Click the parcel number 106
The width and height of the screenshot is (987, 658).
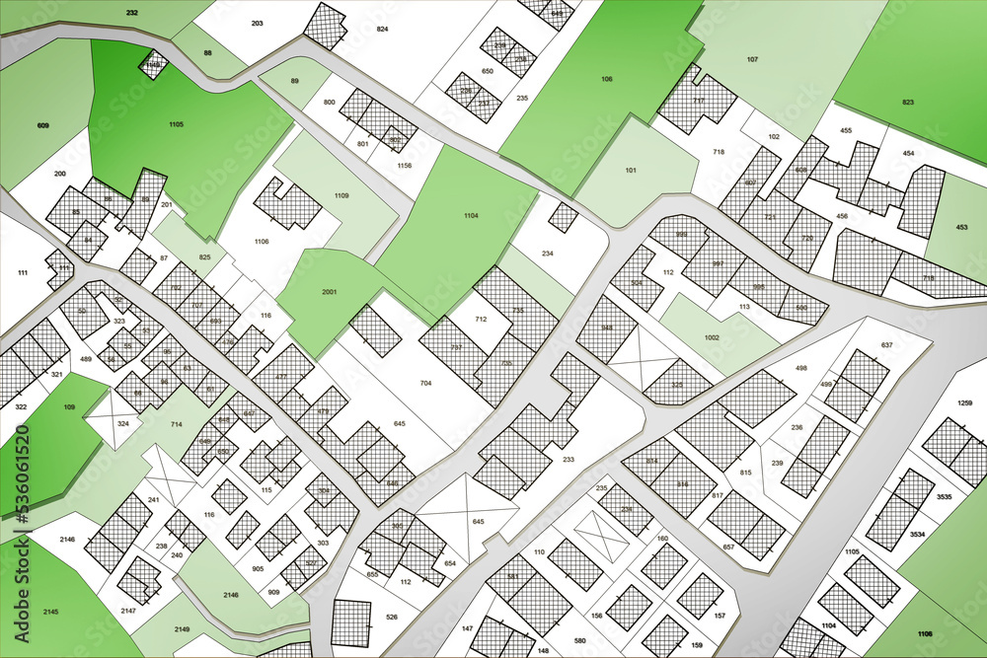606,79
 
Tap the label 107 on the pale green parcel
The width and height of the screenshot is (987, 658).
752,60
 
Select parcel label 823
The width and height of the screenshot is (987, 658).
907,102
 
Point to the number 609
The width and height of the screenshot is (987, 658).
43,125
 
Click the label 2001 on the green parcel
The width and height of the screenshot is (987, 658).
329,292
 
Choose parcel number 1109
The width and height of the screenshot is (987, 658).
341,196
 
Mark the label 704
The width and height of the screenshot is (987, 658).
425,383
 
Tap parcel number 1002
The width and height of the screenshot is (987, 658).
712,337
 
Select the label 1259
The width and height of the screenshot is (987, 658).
965,402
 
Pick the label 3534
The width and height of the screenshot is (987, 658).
917,534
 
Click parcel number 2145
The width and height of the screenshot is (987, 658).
50,612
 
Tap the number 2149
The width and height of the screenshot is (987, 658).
182,628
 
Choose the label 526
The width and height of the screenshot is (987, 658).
391,618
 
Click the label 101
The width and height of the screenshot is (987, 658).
631,169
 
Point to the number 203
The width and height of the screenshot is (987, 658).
257,23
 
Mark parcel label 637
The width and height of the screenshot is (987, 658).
886,344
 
